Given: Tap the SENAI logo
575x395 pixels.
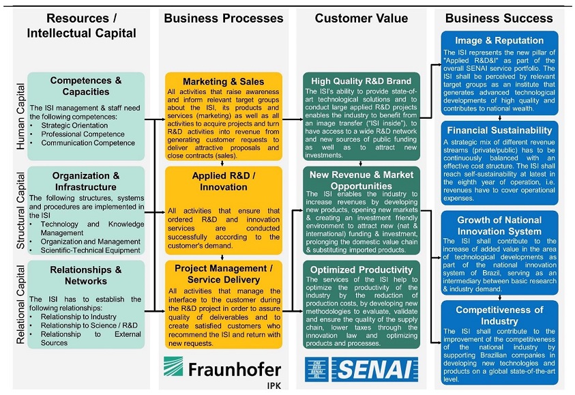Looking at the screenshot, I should coord(360,370).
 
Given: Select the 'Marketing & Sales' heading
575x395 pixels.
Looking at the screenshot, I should coord(223,82).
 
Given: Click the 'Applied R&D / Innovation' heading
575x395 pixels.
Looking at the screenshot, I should coord(223,181).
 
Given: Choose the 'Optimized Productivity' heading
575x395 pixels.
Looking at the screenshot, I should coord(359,269).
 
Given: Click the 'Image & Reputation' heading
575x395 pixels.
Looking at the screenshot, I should coord(499,40).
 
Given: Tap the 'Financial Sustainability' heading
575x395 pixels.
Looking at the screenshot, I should coord(499,130).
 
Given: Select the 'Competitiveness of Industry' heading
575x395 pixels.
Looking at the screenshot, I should coord(499,315).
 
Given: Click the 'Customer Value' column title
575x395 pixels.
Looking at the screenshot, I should coord(359,18).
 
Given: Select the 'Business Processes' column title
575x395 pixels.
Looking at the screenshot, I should coord(222,18).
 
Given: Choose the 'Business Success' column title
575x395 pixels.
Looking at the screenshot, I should coord(499,18).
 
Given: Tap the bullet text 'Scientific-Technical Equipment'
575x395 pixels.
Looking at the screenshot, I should coord(90,250).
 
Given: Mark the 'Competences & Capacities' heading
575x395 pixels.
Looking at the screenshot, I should coord(87,86).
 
